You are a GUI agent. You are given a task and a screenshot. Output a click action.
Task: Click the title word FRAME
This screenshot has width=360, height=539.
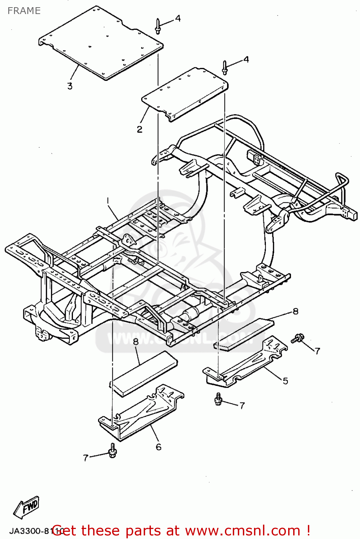coord(24,11)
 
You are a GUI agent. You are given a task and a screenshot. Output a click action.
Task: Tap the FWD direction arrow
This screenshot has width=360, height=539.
coord(27,507)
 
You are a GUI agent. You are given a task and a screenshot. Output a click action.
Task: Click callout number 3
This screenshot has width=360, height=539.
coord(70,86)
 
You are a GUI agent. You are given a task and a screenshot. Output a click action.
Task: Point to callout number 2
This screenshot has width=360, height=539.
coord(140,129)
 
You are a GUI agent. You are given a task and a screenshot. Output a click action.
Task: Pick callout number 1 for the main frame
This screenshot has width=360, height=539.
coord(108,200)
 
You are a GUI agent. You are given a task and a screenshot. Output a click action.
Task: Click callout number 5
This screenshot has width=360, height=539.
coord(285,381)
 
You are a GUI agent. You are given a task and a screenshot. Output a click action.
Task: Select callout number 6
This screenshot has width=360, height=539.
coord(158,447)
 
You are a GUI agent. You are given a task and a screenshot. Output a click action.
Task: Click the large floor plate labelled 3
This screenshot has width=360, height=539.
coord(101,43)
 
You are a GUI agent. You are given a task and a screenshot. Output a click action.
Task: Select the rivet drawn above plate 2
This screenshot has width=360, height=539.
coord(225,68)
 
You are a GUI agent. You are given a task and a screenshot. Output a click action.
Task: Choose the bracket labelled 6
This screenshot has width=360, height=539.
coord(140,413)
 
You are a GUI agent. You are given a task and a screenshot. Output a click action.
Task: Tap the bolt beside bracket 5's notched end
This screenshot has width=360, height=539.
coord(297,338)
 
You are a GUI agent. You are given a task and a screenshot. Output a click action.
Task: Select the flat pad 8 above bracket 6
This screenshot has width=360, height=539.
coord(144,374)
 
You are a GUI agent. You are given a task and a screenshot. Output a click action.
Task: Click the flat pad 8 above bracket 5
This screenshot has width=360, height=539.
coord(244,332)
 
